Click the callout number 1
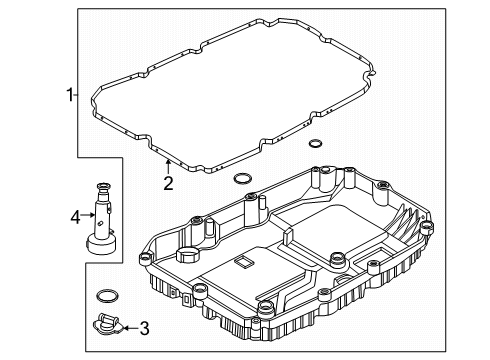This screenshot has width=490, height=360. coord(70,95)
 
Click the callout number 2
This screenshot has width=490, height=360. coord(168,182)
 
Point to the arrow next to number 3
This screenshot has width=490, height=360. coord(128,326)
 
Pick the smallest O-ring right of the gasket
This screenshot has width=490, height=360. coord(315,144)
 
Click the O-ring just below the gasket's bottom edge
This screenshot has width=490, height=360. coord(241,180)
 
